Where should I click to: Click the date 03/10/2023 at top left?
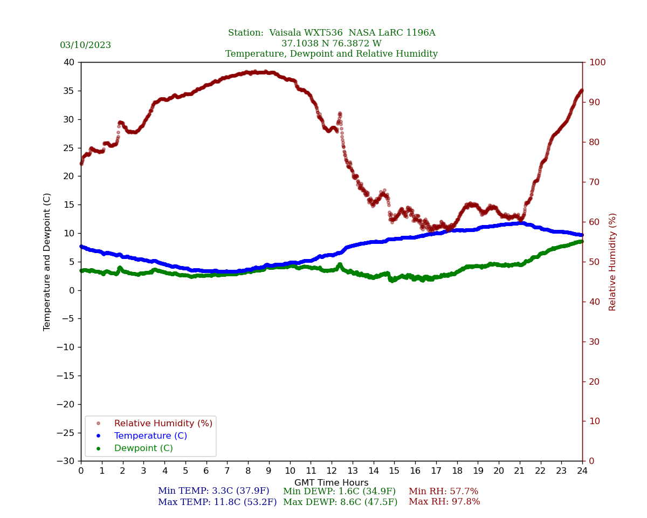(85, 45)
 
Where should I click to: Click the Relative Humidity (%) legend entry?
(163, 424)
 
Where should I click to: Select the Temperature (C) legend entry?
(150, 436)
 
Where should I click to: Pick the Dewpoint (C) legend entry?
(143, 448)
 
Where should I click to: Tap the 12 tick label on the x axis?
(332, 471)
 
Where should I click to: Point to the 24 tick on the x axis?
(582, 471)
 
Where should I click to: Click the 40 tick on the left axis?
(69, 62)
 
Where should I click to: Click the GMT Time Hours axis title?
(332, 483)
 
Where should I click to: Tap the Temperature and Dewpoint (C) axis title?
(47, 262)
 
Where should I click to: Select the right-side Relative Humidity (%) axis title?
(612, 262)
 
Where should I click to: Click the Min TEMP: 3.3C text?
(214, 492)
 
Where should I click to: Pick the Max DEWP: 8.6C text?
(340, 502)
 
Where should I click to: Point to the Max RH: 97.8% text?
(444, 502)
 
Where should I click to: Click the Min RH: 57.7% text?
(443, 492)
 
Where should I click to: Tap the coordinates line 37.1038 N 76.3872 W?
(332, 44)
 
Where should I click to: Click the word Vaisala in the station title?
(290, 33)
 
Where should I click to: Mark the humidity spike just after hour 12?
(340, 114)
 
